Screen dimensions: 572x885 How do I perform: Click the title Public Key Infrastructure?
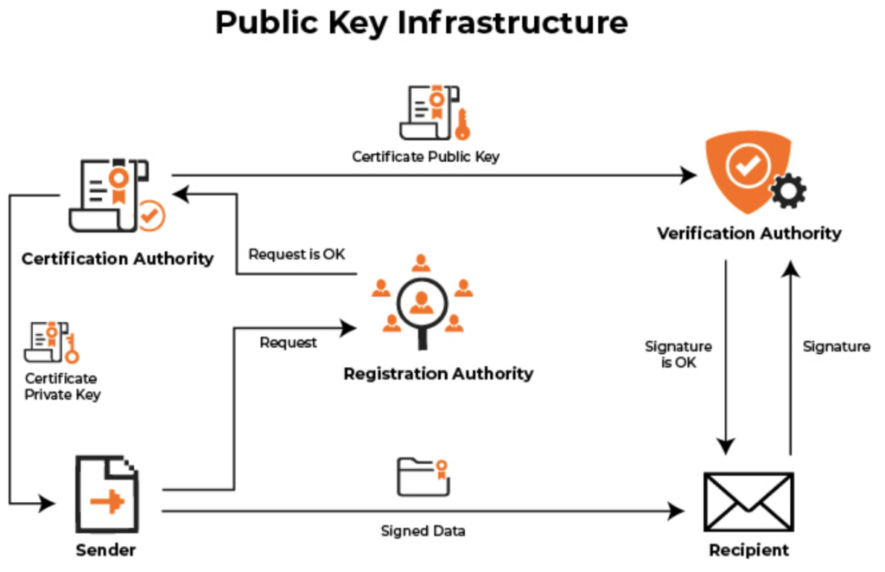click(421, 23)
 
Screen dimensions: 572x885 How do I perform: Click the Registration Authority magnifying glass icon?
click(421, 302)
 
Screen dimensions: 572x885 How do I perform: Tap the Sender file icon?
click(106, 496)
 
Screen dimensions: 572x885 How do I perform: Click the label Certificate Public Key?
click(425, 157)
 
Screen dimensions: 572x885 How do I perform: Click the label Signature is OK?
click(678, 355)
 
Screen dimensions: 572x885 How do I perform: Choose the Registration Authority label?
click(438, 374)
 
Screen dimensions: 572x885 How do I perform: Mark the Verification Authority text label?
click(748, 233)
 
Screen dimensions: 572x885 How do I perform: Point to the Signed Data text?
click(423, 530)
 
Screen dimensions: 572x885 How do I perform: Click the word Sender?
click(105, 550)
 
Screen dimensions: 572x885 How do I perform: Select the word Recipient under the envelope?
click(748, 550)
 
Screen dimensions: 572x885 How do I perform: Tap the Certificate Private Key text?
click(62, 387)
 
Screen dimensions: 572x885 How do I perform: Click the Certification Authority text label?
click(118, 258)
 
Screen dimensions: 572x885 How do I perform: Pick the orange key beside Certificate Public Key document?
click(462, 124)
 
